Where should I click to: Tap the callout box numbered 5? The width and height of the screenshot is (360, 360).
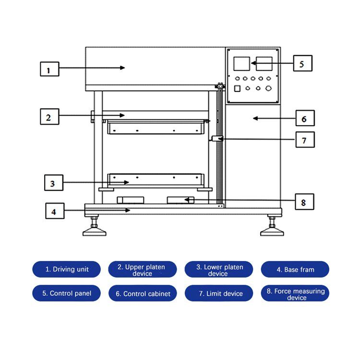301,63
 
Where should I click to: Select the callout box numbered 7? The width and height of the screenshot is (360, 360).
304,140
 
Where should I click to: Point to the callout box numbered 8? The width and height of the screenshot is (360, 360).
303,202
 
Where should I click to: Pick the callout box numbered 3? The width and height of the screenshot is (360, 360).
53,183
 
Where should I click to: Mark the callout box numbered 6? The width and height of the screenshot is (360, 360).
304,118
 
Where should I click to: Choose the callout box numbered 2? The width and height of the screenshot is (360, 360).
49,116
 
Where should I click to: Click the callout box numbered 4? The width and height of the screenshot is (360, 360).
55,210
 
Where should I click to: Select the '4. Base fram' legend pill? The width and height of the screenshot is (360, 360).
295,269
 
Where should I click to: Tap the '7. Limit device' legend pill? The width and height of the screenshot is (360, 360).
219,293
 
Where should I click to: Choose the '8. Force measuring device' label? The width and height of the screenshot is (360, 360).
295,294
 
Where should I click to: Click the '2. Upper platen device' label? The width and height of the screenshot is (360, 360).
142,269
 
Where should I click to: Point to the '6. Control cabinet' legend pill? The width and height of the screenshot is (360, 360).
143,293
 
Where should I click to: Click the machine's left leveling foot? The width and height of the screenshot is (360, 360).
94,232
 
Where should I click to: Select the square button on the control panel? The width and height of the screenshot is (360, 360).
237,89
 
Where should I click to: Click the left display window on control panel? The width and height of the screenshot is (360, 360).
241,64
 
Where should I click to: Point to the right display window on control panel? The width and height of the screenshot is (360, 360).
264,64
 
